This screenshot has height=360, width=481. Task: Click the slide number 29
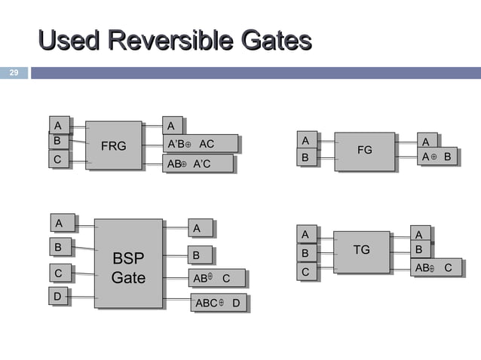pos(13,73)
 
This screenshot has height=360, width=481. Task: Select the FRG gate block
pos(113,145)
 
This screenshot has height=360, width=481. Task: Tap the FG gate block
pos(364,150)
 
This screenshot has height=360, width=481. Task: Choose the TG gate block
pos(361,250)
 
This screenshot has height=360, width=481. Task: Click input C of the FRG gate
pos(57,160)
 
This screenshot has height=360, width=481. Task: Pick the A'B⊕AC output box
pos(200,144)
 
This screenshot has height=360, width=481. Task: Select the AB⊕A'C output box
pos(197,163)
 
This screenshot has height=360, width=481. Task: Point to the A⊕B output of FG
pos(437,157)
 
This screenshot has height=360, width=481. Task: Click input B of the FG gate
pos(305,158)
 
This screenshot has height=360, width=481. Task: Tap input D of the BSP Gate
pos(57,297)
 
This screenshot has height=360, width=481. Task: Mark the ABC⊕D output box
pos(218,304)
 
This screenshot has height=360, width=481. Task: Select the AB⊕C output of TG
pos(435,267)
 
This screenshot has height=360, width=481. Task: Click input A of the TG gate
pos(305,234)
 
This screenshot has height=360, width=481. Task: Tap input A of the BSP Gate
pos(59,222)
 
